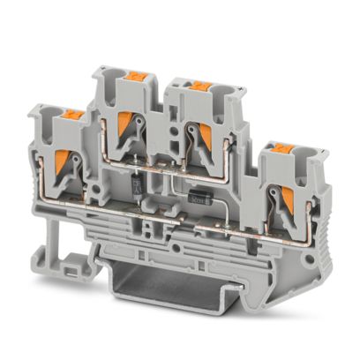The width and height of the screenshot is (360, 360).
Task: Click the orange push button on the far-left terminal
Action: pyautogui.click(x=71, y=115)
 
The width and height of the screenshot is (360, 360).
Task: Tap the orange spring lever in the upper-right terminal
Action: pyautogui.click(x=206, y=131)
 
